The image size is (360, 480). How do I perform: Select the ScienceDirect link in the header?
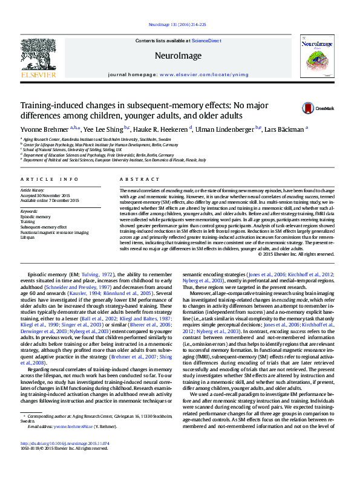[x=208, y=40]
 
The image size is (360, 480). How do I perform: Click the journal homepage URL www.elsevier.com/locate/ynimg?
[x=196, y=74]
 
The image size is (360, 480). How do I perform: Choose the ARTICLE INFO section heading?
[x=50, y=180]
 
